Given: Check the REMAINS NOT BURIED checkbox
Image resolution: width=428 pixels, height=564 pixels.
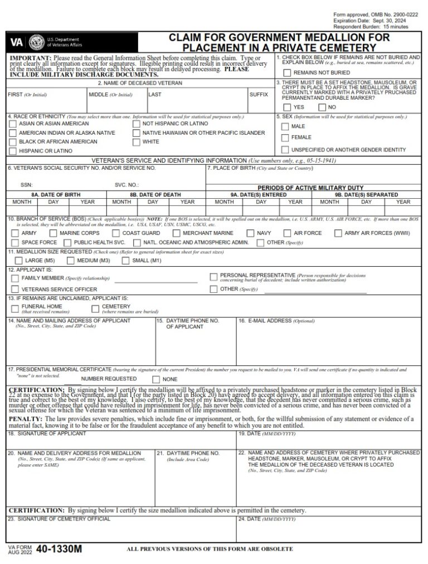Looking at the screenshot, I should pyautogui.click(x=287, y=72).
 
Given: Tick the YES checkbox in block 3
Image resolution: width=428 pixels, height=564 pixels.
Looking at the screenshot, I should pyautogui.click(x=287, y=107).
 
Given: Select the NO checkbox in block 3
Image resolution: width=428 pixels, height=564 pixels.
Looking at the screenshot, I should pyautogui.click(x=322, y=107).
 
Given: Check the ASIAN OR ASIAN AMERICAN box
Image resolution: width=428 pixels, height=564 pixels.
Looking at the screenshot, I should pyautogui.click(x=13, y=124).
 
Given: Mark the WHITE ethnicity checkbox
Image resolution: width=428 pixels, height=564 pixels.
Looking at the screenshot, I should pyautogui.click(x=137, y=142).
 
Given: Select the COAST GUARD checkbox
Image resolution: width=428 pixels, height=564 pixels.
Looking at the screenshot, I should pyautogui.click(x=116, y=233).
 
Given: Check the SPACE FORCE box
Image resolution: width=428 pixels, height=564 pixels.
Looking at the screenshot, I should pyautogui.click(x=14, y=243).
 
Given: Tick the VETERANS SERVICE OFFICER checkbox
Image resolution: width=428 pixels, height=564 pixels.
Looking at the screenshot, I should pyautogui.click(x=14, y=290).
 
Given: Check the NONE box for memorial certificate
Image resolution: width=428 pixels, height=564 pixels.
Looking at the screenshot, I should pyautogui.click(x=156, y=379).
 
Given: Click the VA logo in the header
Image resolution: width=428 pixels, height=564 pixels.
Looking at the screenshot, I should pyautogui.click(x=17, y=42).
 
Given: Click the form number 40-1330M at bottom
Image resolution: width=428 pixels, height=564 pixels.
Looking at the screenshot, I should pyautogui.click(x=59, y=549).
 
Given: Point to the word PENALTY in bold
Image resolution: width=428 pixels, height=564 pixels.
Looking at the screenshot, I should pyautogui.click(x=25, y=418).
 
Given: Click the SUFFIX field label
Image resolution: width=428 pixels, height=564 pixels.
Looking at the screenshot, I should pyautogui.click(x=259, y=95).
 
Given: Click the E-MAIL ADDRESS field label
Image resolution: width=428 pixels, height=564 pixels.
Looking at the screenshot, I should pyautogui.click(x=265, y=321).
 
